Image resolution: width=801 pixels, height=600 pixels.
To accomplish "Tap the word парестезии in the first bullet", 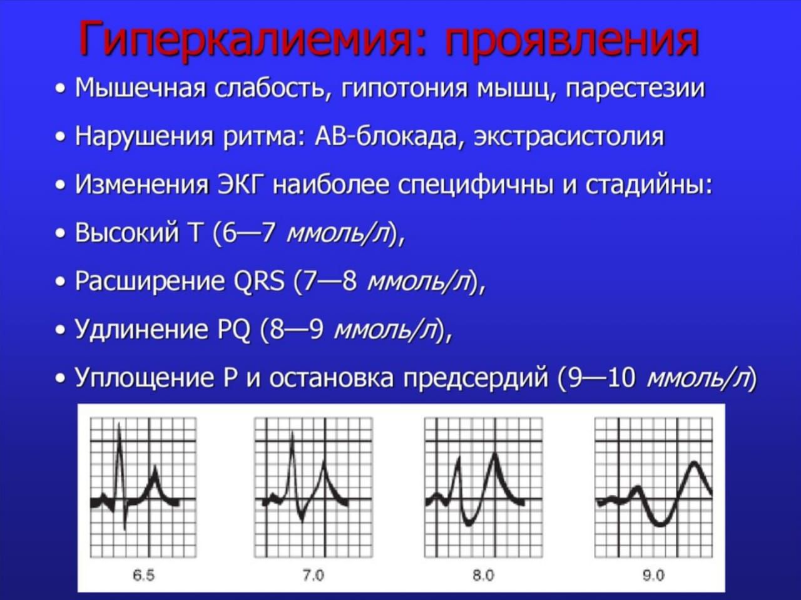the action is coord(635,89).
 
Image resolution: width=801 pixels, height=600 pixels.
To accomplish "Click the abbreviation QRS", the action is coord(258,281).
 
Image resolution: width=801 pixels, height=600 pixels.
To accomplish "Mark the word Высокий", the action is coord(127,233).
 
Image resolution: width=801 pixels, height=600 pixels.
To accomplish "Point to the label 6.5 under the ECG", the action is coord(143,575).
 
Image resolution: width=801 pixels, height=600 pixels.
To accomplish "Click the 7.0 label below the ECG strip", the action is coord(314,575).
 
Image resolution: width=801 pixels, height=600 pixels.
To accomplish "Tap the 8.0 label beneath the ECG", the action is coord(484,575).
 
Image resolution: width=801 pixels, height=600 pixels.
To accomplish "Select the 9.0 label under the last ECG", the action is coord(653,575).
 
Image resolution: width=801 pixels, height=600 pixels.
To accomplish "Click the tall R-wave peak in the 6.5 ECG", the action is coord(119,424).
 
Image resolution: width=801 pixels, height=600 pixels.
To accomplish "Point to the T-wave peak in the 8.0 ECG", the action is coord(494,454).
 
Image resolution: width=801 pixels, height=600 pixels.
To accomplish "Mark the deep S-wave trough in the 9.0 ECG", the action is coord(660,524).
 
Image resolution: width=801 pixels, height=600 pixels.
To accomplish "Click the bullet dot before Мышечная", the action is coord(61,89).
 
